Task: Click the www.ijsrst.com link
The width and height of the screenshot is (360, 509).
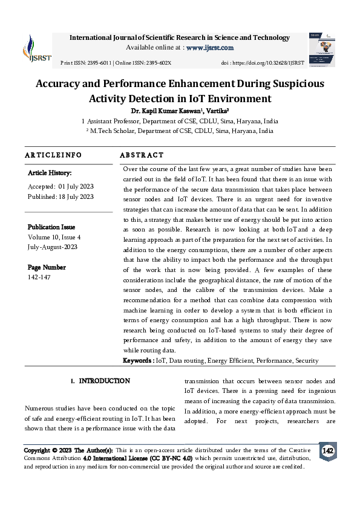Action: (x=210, y=48)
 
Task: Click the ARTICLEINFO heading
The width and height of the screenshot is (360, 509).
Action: (x=53, y=155)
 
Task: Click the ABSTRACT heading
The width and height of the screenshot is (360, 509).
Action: (x=142, y=155)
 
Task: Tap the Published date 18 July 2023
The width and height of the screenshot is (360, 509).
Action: (x=76, y=196)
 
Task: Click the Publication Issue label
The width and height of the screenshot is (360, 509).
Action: (x=51, y=227)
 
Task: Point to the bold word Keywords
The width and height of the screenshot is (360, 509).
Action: (x=139, y=360)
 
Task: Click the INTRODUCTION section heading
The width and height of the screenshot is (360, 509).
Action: (x=104, y=381)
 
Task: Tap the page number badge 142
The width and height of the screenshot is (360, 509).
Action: (x=327, y=452)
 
